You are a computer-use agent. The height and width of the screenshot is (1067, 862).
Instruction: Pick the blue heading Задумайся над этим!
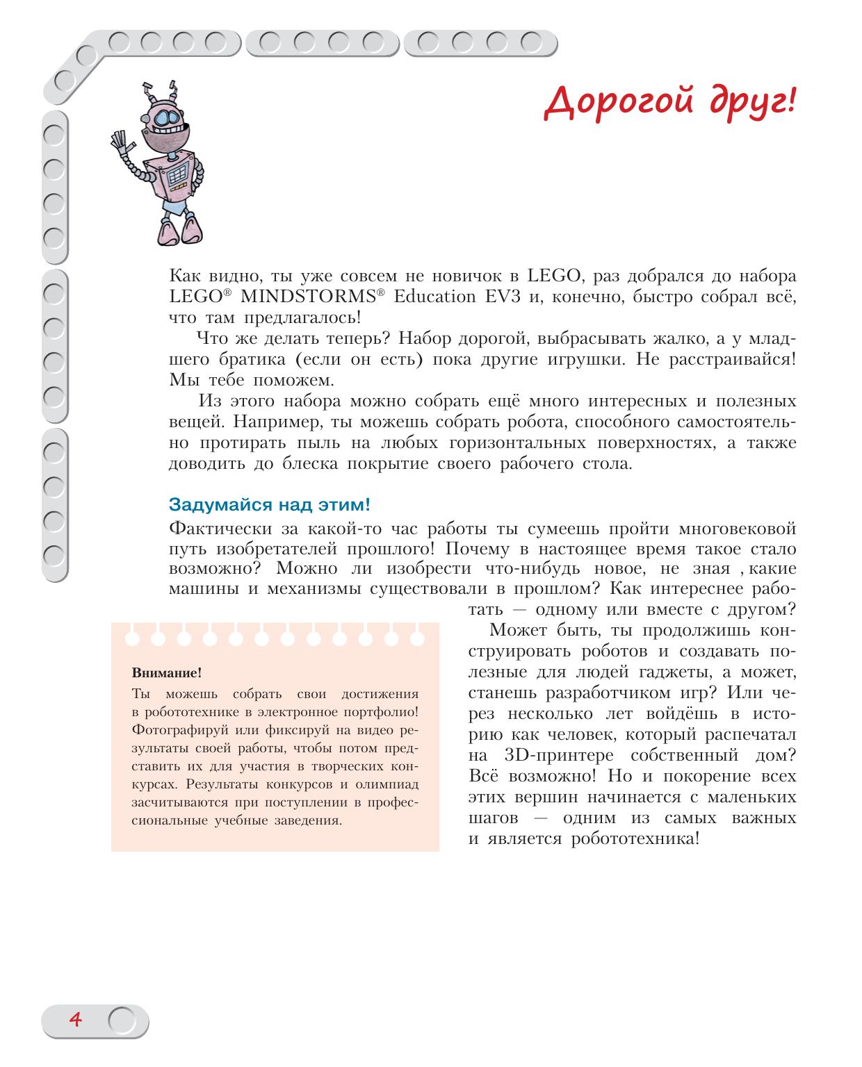click(x=269, y=504)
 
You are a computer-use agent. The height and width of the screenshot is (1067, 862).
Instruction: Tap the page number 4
click(x=75, y=1020)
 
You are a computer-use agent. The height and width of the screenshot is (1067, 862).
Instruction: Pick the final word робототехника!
click(x=635, y=838)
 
